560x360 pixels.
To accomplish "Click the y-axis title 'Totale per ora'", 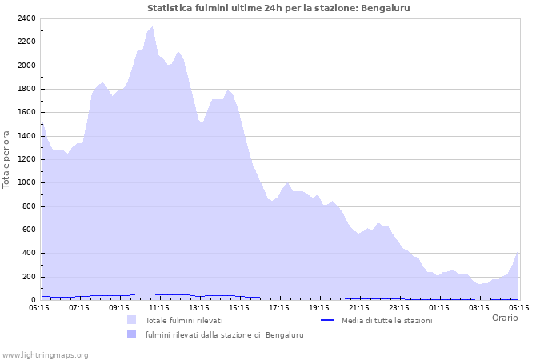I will pyautogui.click(x=7, y=159).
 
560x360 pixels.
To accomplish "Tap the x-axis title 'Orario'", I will pyautogui.click(x=505, y=318).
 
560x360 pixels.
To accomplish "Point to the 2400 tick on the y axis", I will pyautogui.click(x=26, y=18).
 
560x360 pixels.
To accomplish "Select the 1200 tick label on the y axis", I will pyautogui.click(x=26, y=159).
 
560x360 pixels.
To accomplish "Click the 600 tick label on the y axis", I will pyautogui.click(x=29, y=230).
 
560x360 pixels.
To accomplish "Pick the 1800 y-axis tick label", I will pyautogui.click(x=26, y=89).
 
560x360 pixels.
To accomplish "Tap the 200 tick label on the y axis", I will pyautogui.click(x=29, y=277).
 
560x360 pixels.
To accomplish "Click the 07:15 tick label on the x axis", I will pyautogui.click(x=79, y=307).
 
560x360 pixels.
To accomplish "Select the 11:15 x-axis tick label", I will pyautogui.click(x=159, y=307).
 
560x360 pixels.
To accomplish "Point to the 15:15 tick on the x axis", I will pyautogui.click(x=239, y=307).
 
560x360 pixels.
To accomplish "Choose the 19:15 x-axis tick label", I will pyautogui.click(x=319, y=307).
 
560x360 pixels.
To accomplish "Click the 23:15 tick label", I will pyautogui.click(x=399, y=307).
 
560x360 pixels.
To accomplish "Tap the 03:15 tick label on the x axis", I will pyautogui.click(x=479, y=307).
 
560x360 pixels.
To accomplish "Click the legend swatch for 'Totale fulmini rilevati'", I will pyautogui.click(x=131, y=320).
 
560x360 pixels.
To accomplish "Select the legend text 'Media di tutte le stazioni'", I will pyautogui.click(x=386, y=321).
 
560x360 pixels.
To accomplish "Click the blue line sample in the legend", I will pyautogui.click(x=326, y=320).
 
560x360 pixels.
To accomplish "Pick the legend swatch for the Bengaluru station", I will pyautogui.click(x=131, y=334).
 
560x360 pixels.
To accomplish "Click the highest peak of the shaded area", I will pyautogui.click(x=152, y=27).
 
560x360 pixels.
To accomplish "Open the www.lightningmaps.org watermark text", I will pyautogui.click(x=46, y=355).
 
